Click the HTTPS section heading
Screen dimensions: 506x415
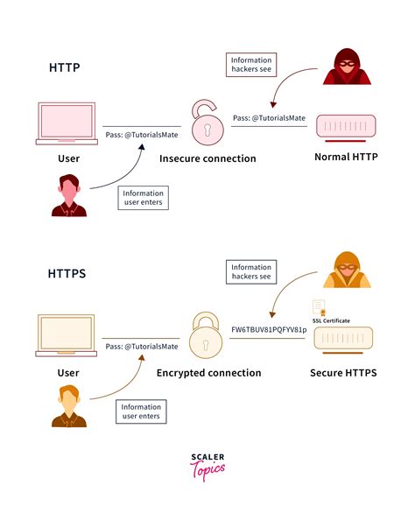coord(67,274)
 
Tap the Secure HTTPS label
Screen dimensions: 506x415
coord(343,373)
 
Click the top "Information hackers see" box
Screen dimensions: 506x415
coord(250,63)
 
